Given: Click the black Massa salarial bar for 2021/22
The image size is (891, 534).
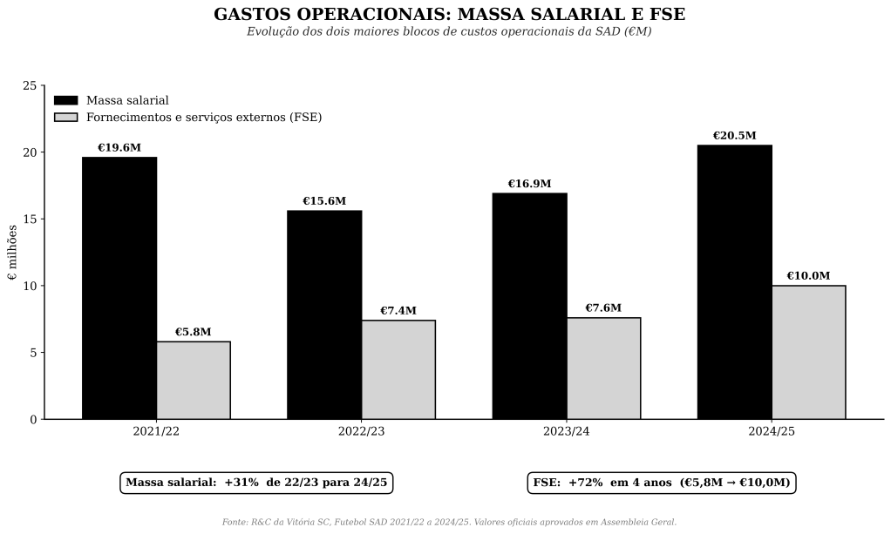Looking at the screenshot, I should pyautogui.click(x=119, y=287).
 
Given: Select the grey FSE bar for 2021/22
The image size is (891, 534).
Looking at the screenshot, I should pyautogui.click(x=194, y=380).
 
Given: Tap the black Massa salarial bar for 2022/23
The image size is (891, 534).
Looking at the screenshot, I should pyautogui.click(x=324, y=314).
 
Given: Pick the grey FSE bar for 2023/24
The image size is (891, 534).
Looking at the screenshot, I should pyautogui.click(x=603, y=368).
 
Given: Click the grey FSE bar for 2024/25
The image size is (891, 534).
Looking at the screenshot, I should pyautogui.click(x=808, y=352).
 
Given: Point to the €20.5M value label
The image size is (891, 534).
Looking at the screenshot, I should pyautogui.click(x=734, y=136).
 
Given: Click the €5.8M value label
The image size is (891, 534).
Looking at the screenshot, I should pyautogui.click(x=193, y=332).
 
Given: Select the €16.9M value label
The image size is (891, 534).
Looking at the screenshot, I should pyautogui.click(x=529, y=184).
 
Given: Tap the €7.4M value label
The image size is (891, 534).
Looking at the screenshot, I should pyautogui.click(x=398, y=311).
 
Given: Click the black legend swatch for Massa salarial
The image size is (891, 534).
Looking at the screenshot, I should pyautogui.click(x=66, y=101).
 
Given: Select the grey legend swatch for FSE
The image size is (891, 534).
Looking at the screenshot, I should pyautogui.click(x=66, y=118).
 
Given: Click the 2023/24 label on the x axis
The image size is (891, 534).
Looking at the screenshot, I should pyautogui.click(x=567, y=432).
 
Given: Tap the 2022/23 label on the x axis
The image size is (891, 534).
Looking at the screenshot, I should pyautogui.click(x=362, y=432).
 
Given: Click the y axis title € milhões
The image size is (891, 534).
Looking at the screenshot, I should pyautogui.click(x=12, y=253).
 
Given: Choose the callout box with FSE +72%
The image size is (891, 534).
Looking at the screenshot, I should pyautogui.click(x=662, y=483).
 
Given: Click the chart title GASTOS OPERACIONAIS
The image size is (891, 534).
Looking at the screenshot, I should pyautogui.click(x=449, y=15).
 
